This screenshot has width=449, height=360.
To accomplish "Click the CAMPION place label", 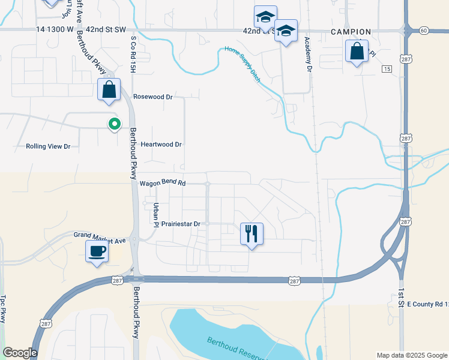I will point(351,32).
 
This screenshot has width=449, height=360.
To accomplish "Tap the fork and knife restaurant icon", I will point(252,233).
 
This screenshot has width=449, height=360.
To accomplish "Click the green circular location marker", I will point(114,124).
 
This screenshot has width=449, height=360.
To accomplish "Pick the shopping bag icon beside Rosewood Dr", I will point(109,90).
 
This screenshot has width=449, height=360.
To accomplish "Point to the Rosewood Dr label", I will point(152,97).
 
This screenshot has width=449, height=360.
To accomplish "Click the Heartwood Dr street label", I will point(161,145).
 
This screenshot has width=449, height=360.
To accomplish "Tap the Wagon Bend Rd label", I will point(163,183).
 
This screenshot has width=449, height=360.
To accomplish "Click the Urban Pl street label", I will point(155,211).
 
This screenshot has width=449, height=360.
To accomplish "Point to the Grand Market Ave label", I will point(100,238).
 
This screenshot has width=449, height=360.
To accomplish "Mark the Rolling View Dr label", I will point(48,146).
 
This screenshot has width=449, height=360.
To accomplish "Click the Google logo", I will point(19,353).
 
